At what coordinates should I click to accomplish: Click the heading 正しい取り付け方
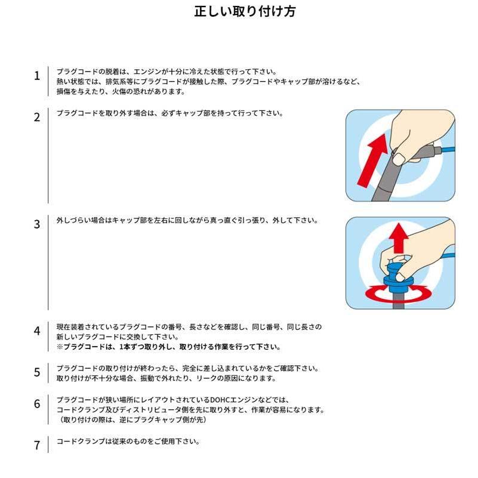coord(245,11)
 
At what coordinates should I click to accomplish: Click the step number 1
coord(37,76)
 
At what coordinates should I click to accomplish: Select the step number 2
coord(37,118)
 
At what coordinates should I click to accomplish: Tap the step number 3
coord(37,224)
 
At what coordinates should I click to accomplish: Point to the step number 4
coord(37,331)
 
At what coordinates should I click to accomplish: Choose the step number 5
coord(37,372)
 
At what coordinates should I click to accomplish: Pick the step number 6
coord(37,404)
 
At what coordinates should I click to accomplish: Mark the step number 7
coord(37,445)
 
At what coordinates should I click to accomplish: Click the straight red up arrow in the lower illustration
coord(399,238)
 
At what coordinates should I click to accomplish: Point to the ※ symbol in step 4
coord(60,347)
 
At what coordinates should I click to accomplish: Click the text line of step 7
coord(128,442)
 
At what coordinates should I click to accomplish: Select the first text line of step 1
coord(166,72)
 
